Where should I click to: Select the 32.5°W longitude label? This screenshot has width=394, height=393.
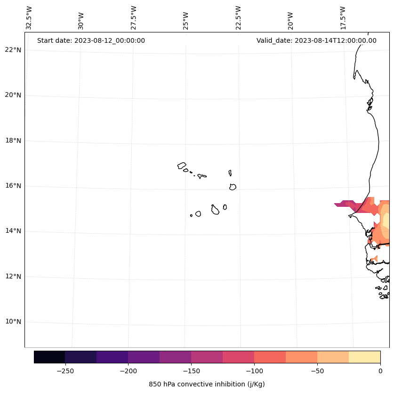[29, 18]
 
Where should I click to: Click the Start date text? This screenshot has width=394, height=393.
[91, 40]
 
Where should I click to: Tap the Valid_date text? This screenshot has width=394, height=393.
[316, 40]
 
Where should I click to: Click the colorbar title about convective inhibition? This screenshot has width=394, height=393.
[207, 384]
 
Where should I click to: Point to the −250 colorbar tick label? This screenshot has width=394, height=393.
[65, 371]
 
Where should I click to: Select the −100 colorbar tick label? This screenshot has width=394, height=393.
[254, 371]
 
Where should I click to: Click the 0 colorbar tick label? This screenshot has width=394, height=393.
[380, 371]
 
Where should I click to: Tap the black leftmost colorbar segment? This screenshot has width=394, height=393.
[49, 357]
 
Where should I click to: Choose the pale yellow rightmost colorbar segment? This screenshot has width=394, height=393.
[364, 357]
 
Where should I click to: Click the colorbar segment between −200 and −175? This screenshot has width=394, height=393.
[144, 357]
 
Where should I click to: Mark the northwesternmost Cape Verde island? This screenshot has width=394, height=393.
[182, 165]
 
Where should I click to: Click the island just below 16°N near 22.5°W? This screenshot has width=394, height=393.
[233, 187]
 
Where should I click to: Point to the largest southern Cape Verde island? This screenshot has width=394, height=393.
[215, 210]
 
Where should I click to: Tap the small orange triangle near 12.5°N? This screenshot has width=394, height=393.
[374, 259]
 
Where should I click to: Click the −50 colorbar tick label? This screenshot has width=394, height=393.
[317, 371]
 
